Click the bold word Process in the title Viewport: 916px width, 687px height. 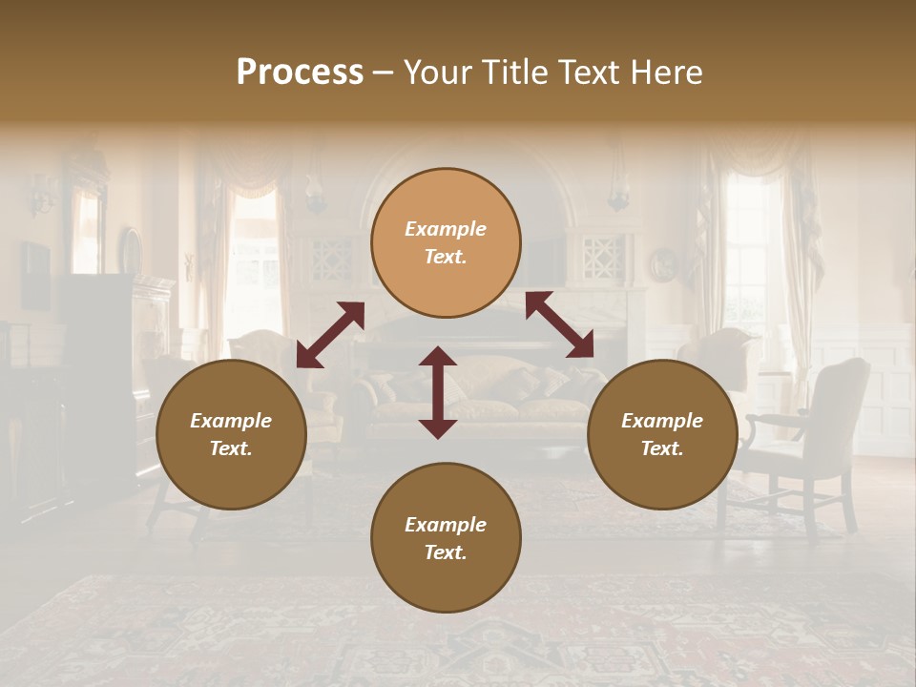[x=300, y=73]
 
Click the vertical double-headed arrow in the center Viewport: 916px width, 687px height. [x=438, y=392]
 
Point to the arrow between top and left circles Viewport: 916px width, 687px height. [x=330, y=334]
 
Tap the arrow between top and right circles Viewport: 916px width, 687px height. [x=559, y=324]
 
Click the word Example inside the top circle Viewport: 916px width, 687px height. [x=446, y=229]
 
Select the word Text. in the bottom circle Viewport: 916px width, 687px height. [x=446, y=552]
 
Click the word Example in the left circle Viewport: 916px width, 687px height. [x=231, y=421]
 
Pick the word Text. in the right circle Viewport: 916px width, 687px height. [x=662, y=448]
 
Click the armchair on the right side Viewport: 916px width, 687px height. [x=811, y=429]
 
